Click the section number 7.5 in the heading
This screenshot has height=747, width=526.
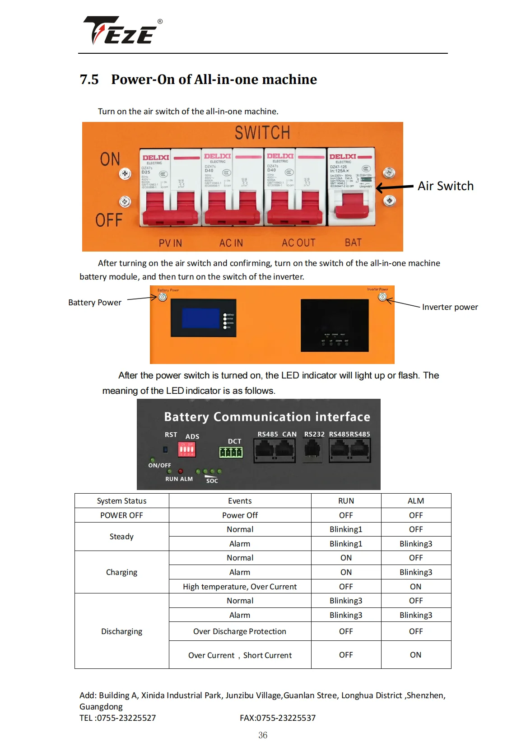pyautogui.click(x=89, y=79)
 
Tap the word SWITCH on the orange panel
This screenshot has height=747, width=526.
pyautogui.click(x=262, y=133)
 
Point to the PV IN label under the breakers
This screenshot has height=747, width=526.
pyautogui.click(x=170, y=243)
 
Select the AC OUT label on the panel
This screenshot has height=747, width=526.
pyautogui.click(x=298, y=243)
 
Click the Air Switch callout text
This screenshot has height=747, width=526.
pyautogui.click(x=445, y=186)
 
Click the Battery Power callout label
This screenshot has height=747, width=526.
pyautogui.click(x=95, y=303)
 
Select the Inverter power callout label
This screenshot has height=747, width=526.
pyautogui.click(x=450, y=307)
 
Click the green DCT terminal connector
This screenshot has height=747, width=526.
pyautogui.click(x=231, y=452)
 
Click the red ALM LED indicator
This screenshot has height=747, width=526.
pyautogui.click(x=181, y=471)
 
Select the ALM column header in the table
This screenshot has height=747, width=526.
pyautogui.click(x=415, y=501)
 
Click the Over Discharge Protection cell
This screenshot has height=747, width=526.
pyautogui.click(x=240, y=631)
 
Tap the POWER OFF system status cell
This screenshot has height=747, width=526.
pyautogui.click(x=121, y=515)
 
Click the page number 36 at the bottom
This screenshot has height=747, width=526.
pyautogui.click(x=263, y=735)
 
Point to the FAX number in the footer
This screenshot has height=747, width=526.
pyautogui.click(x=278, y=718)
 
